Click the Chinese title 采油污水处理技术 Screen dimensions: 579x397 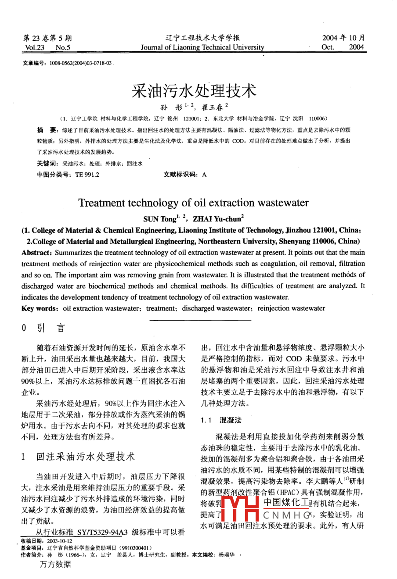point(194,91)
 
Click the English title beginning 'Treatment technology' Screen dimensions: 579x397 point(193,203)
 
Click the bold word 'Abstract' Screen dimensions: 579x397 point(36,253)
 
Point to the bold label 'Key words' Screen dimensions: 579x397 point(38,308)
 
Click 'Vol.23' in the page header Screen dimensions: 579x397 point(35,47)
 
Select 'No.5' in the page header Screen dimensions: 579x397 point(63,47)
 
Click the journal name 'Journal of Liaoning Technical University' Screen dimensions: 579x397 point(202,47)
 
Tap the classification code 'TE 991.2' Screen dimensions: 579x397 point(87,175)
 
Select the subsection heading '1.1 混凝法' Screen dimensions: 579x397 point(221,420)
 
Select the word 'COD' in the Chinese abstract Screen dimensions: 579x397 point(237,141)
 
